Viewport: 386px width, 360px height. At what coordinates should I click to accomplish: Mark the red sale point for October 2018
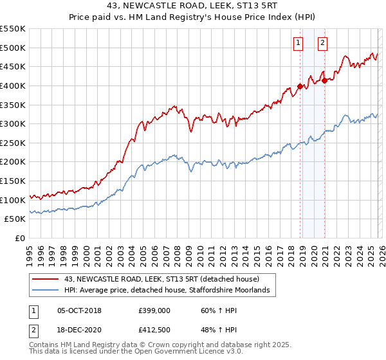(300, 86)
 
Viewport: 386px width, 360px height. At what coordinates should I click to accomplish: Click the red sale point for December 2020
(326, 81)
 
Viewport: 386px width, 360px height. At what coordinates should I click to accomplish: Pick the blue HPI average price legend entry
(170, 291)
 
